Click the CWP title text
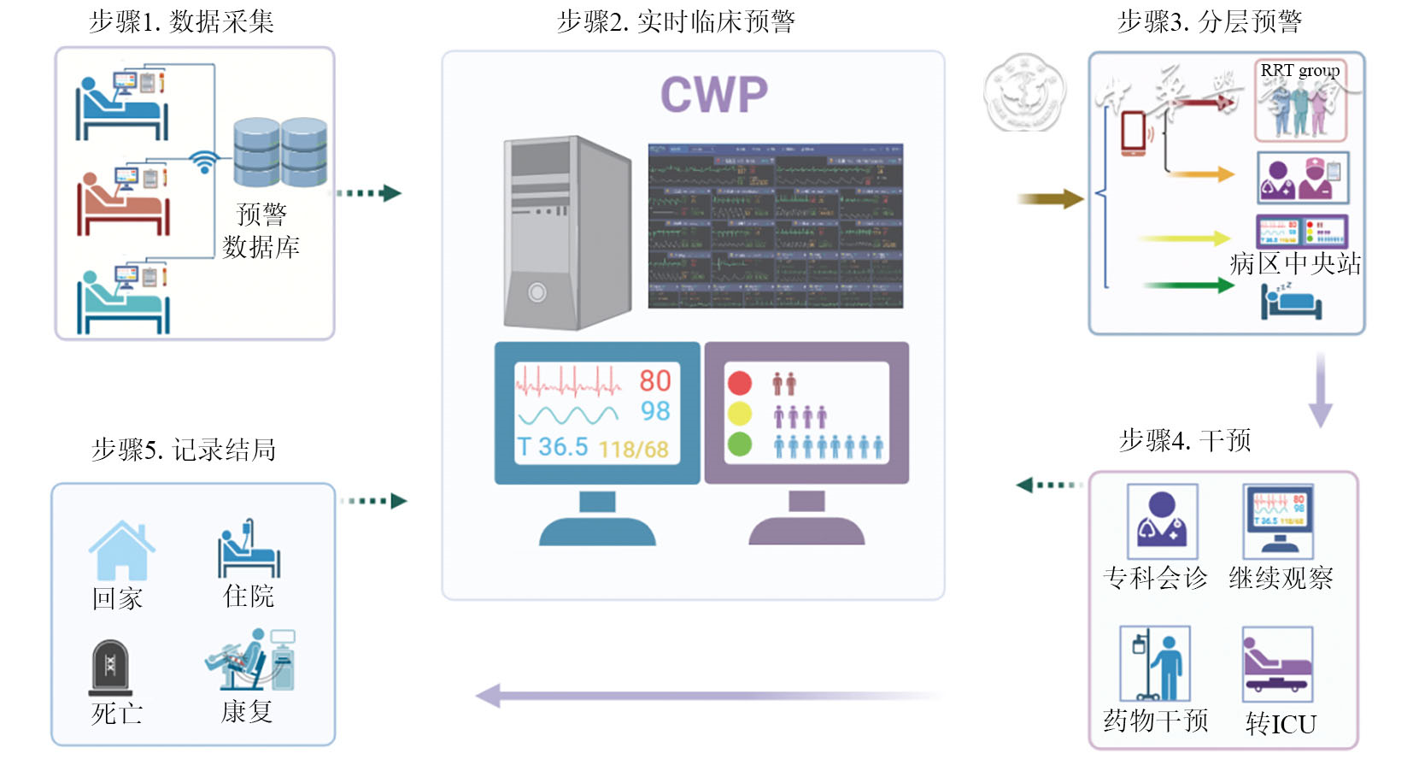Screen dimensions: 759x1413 [x=714, y=94]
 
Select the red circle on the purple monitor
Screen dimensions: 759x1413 [x=739, y=382]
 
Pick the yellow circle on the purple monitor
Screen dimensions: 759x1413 [x=739, y=414]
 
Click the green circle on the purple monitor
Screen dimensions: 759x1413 [x=739, y=444]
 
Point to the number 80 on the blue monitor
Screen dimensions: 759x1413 [x=655, y=380]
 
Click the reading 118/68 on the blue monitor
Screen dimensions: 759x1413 [x=633, y=449]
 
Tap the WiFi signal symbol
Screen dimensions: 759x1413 [x=203, y=162]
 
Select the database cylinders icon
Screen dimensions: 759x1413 [x=280, y=152]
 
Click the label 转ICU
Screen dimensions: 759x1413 [x=1281, y=724]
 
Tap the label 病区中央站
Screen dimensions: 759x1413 [x=1295, y=263]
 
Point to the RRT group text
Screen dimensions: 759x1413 [x=1299, y=70]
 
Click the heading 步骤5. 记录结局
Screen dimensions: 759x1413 [x=184, y=450]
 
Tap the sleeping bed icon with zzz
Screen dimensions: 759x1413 [x=1291, y=301]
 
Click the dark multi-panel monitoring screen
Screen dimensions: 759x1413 [x=775, y=226]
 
